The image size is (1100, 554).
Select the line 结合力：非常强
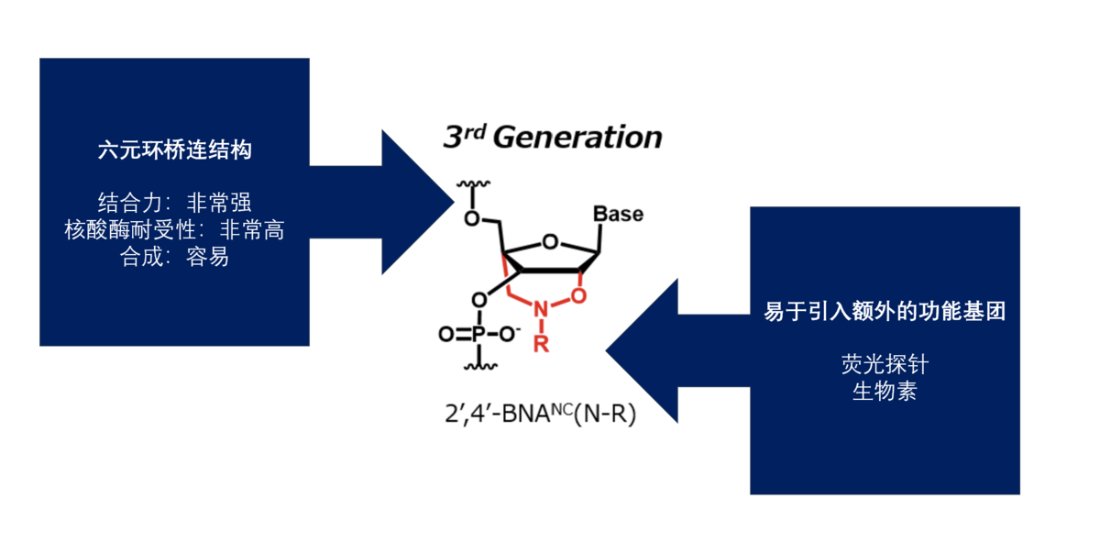pos(174,203)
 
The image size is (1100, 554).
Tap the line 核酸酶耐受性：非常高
pos(174,230)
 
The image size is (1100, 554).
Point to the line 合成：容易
pos(174,258)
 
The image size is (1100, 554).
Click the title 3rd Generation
pos(552,138)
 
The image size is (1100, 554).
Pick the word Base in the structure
pos(618,214)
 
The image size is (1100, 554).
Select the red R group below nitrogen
pos(541,344)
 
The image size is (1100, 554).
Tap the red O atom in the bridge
pos(577,295)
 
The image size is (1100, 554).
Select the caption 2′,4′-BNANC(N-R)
pos(539,414)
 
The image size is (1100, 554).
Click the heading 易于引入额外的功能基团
pos(885,312)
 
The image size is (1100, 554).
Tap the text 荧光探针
pos(885,365)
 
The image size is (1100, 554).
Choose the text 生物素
pos(885,393)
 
